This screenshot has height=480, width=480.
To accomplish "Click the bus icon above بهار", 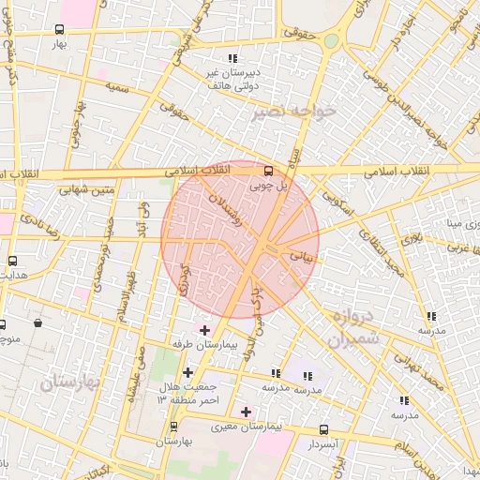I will [x=61, y=29].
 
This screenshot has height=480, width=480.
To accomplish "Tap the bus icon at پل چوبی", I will [x=269, y=171].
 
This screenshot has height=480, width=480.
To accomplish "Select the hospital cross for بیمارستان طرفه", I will [x=204, y=330].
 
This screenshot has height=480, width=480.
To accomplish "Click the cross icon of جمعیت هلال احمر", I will [x=187, y=373].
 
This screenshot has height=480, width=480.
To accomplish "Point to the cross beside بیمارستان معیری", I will [x=246, y=411].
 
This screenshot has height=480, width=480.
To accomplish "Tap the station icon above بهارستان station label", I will [x=172, y=426].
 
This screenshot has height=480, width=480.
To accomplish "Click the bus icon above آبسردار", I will [x=323, y=428].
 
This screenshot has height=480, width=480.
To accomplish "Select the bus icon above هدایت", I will [x=12, y=262].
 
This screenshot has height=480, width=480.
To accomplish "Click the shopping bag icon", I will [x=37, y=323].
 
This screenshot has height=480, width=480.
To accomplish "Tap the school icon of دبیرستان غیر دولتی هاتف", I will [x=232, y=59].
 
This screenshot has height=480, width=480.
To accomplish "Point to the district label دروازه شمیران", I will [x=352, y=327].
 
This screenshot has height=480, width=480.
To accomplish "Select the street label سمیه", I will [x=116, y=87].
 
